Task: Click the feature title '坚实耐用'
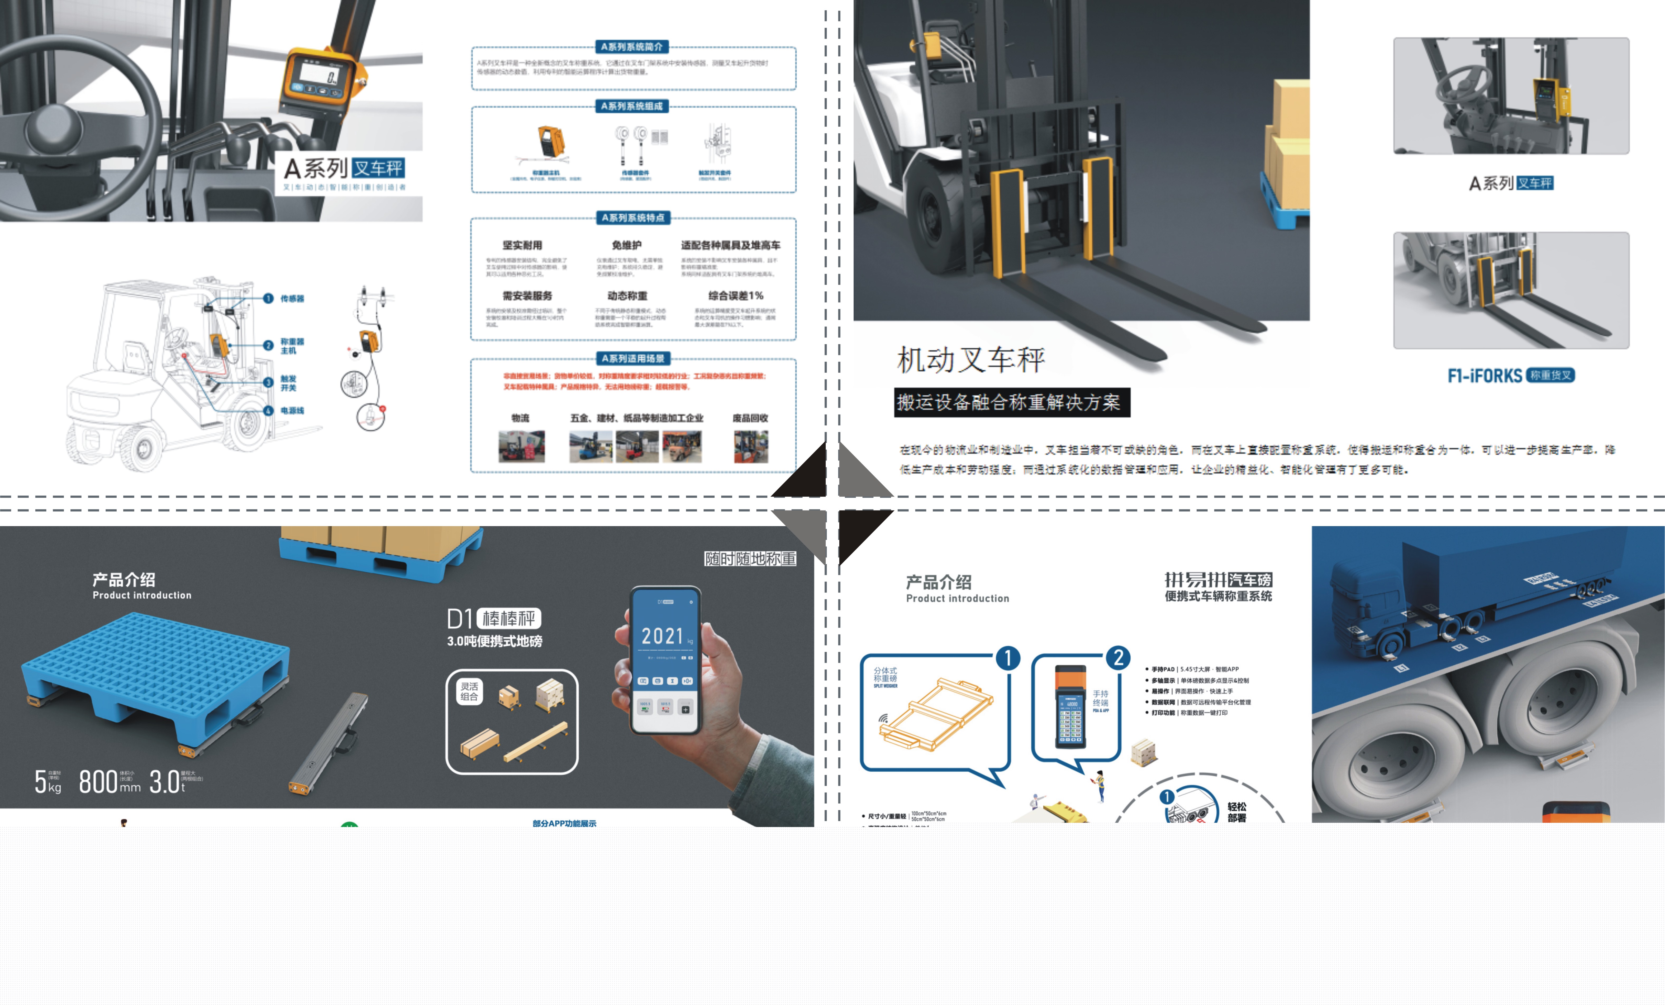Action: click(522, 245)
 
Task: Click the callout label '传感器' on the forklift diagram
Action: click(292, 299)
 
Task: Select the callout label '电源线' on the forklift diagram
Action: click(292, 411)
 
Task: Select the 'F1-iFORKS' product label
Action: click(1485, 376)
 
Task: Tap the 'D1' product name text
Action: click(459, 619)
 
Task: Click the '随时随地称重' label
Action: click(750, 559)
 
